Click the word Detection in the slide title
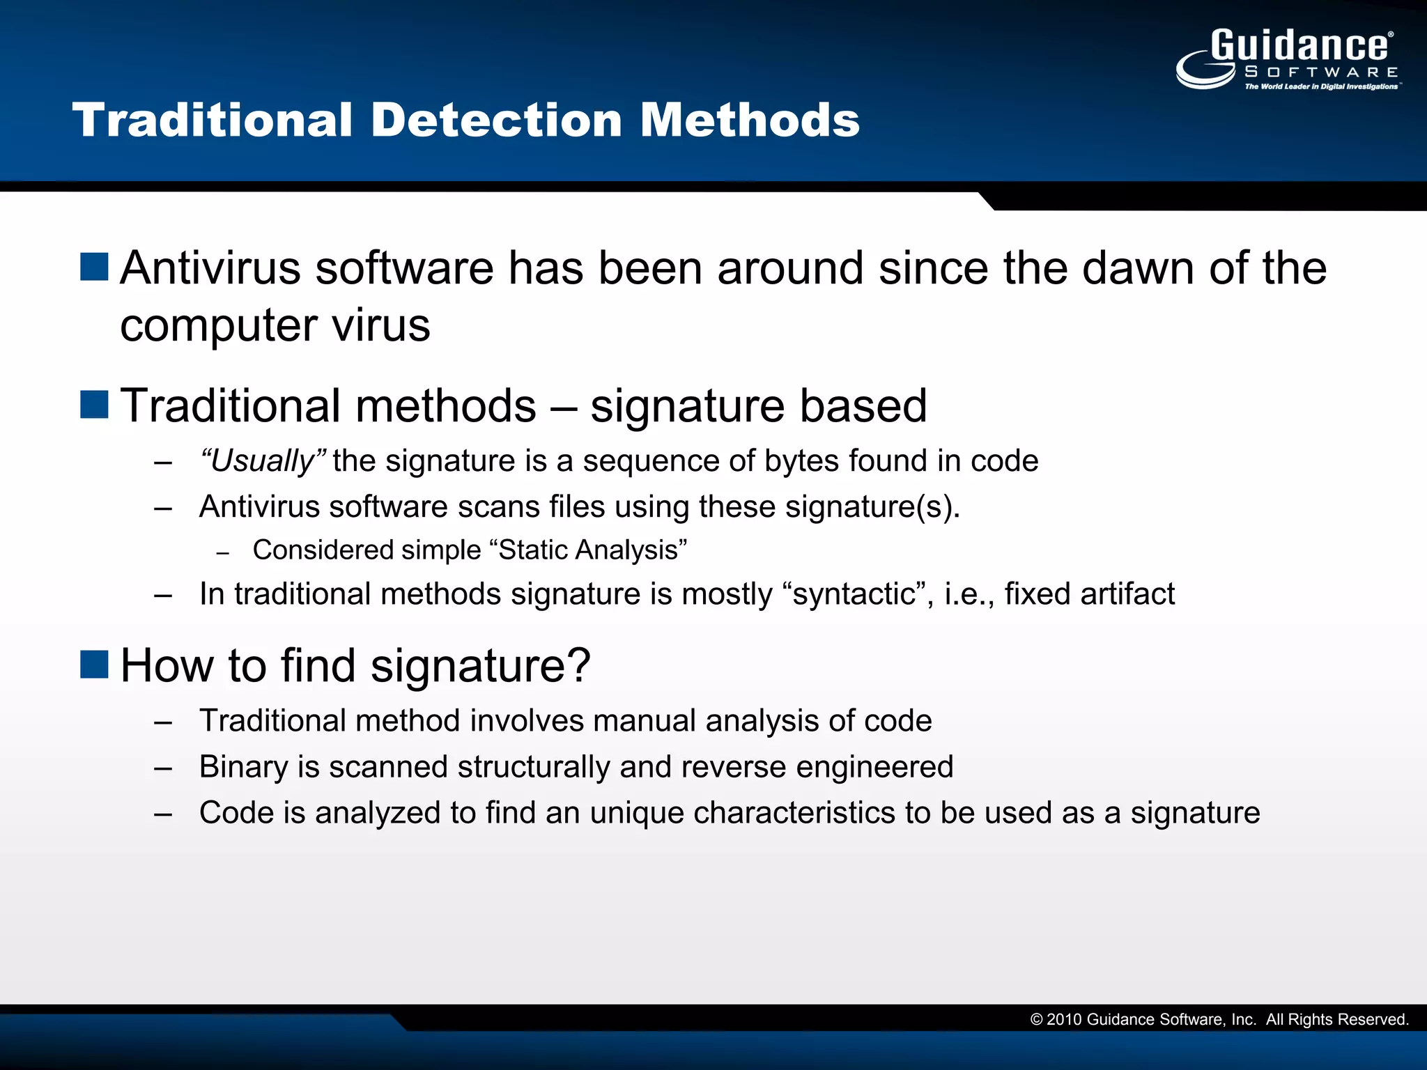[495, 120]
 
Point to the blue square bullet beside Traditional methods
[94, 405]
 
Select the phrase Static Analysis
[588, 550]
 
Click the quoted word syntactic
[853, 594]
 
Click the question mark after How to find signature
[578, 665]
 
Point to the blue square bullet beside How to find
[94, 665]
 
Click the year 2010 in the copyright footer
[1064, 1020]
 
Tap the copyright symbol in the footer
[1036, 1020]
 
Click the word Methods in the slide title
[750, 120]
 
